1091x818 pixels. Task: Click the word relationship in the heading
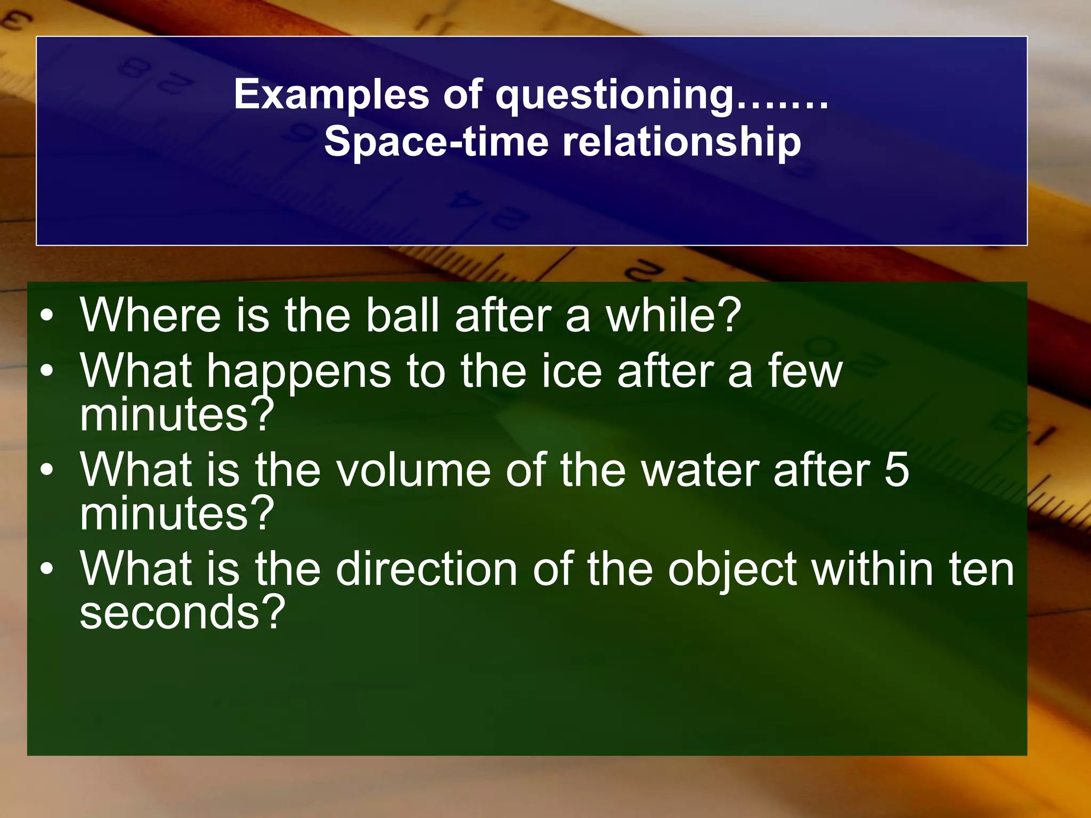coord(682,143)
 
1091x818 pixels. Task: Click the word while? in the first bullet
coord(674,315)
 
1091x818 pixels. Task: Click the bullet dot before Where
coord(47,316)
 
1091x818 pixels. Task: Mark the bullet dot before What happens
coord(47,371)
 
